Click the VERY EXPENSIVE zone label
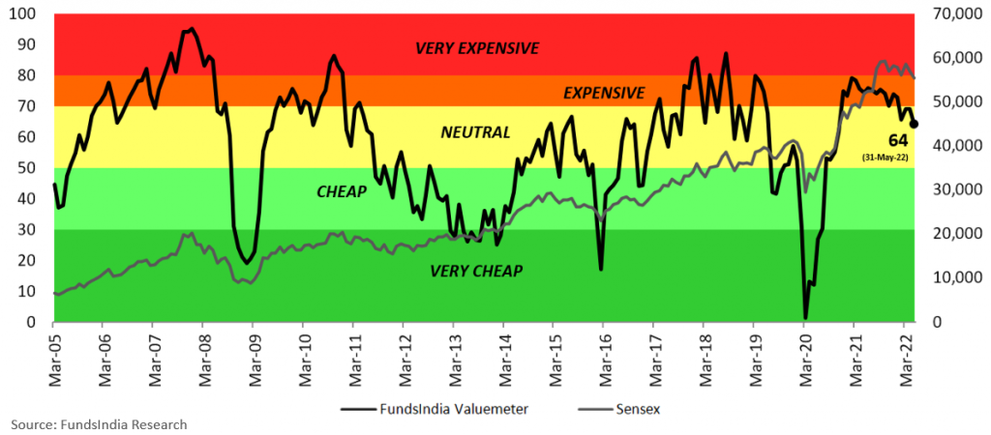(477, 47)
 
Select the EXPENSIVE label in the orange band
(604, 93)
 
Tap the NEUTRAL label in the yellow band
(475, 132)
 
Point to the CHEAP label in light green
(342, 192)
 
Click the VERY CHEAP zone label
(476, 271)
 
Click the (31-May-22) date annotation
(897, 156)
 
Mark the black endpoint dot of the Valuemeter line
(915, 124)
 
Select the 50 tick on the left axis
(32, 168)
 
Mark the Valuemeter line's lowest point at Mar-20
(805, 317)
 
